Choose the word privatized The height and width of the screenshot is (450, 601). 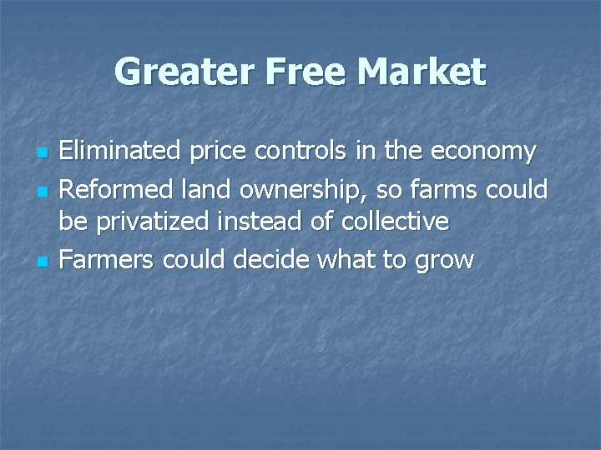[161, 222]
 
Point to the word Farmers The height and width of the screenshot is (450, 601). [108, 259]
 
